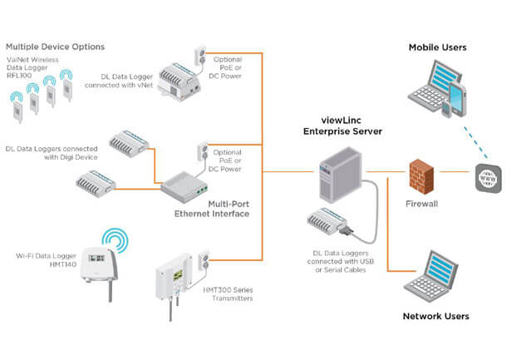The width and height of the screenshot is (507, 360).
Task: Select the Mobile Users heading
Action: pyautogui.click(x=437, y=47)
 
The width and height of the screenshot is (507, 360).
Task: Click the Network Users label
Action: pyautogui.click(x=436, y=316)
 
